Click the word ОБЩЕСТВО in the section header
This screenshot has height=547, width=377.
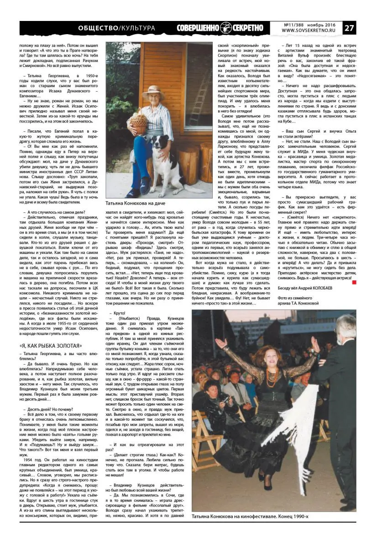(98, 28)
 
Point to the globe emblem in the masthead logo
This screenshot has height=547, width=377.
(225, 28)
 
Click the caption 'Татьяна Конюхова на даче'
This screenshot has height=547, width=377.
(135, 203)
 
